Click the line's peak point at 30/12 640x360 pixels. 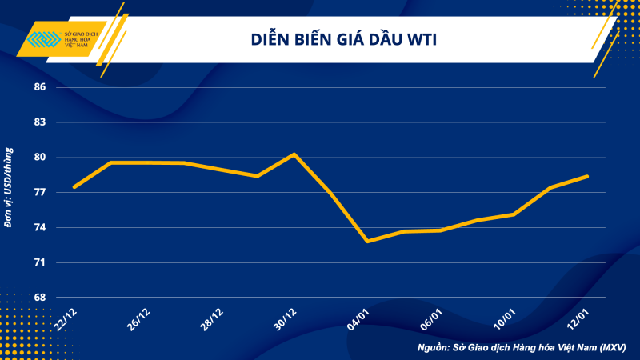tap(294, 154)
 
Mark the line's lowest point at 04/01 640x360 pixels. tap(367, 241)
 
